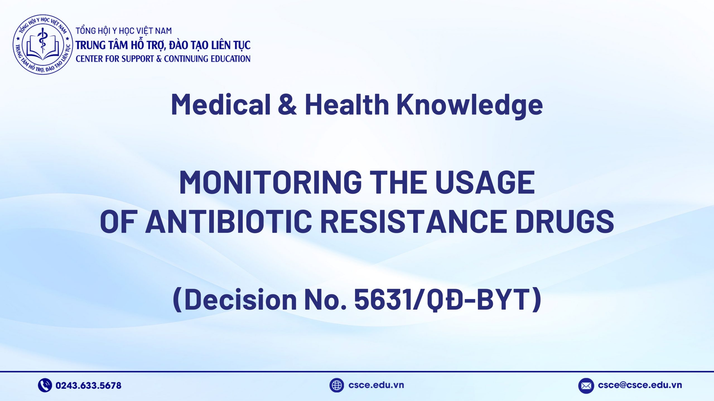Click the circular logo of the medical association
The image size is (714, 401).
click(x=43, y=45)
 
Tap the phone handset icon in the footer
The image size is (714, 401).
click(x=45, y=385)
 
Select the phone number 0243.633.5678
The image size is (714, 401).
click(x=88, y=385)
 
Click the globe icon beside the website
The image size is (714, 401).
click(x=336, y=385)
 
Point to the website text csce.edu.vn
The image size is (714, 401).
click(x=376, y=385)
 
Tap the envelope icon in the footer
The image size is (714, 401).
click(x=586, y=386)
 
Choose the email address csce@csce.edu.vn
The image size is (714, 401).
click(x=640, y=385)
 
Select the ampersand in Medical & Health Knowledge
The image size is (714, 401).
click(x=287, y=104)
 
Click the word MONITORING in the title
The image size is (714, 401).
click(x=270, y=183)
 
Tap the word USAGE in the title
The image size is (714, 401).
click(x=485, y=183)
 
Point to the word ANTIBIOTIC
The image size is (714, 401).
click(x=228, y=222)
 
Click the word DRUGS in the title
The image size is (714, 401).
click(x=565, y=222)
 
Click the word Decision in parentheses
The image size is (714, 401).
click(x=241, y=300)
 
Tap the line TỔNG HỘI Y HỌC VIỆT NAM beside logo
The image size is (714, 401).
click(x=124, y=31)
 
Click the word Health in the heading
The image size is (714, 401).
click(x=347, y=104)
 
